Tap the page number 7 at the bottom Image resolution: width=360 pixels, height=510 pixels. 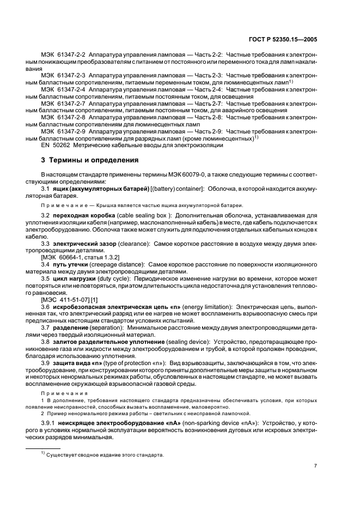click(315, 465)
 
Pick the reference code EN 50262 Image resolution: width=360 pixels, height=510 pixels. click(57, 145)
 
